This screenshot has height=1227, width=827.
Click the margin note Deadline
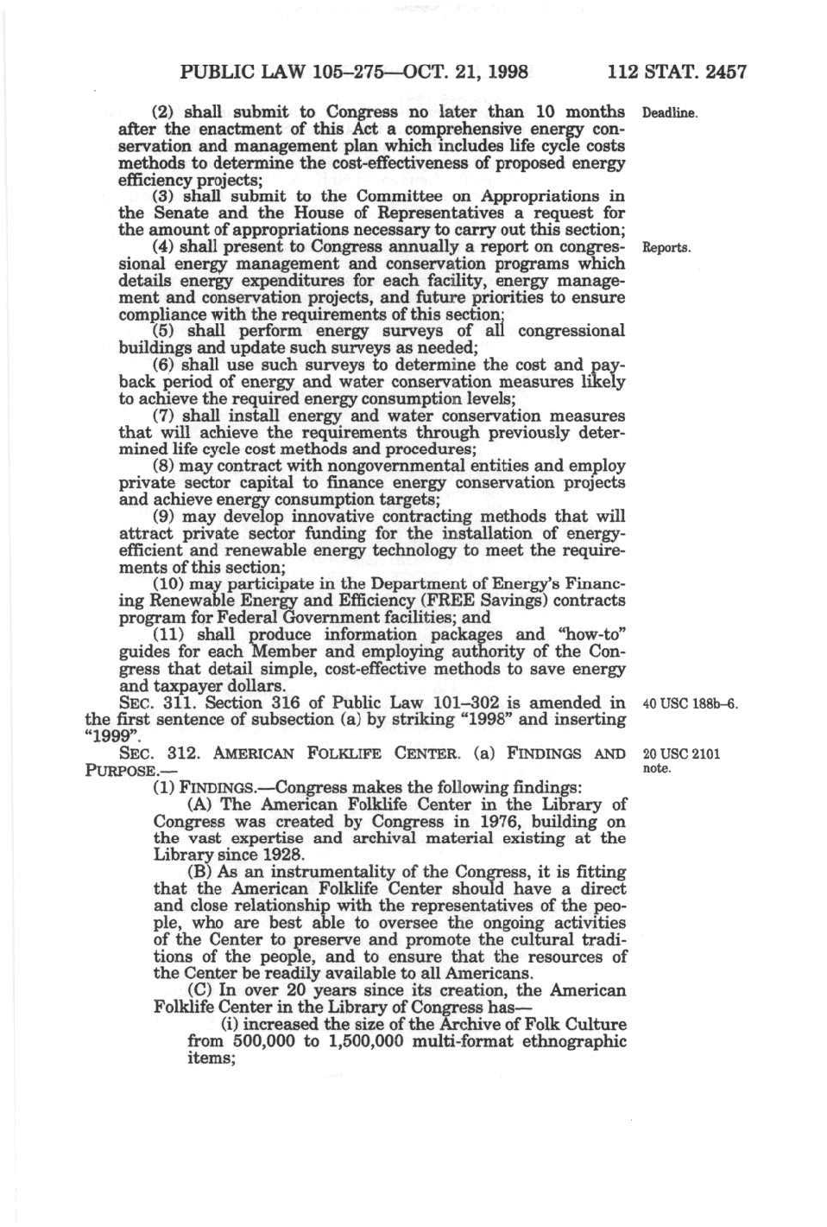pyautogui.click(x=669, y=113)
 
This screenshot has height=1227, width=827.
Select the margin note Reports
pyautogui.click(x=666, y=248)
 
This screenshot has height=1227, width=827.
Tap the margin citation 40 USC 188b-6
pyautogui.click(x=691, y=703)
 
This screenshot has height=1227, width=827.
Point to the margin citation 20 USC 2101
pyautogui.click(x=681, y=753)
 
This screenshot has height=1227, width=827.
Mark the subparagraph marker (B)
pyautogui.click(x=200, y=872)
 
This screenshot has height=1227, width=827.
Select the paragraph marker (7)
pyautogui.click(x=164, y=416)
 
